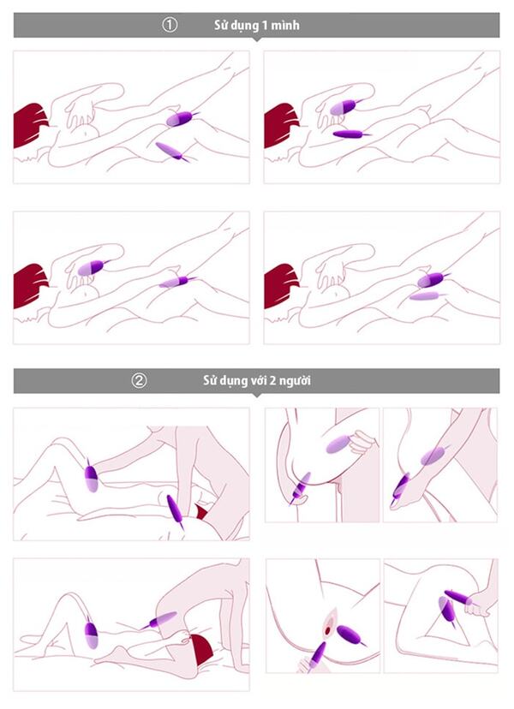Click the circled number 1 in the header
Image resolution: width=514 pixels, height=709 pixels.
(x=170, y=25)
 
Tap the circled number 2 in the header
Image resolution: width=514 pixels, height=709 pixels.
(x=139, y=381)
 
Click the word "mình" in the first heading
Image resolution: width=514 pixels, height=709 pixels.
(x=285, y=25)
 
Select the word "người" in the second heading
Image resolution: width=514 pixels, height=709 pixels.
(x=295, y=381)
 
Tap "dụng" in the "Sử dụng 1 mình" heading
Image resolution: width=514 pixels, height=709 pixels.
(x=243, y=26)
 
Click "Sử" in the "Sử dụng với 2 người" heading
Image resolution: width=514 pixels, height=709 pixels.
(x=209, y=380)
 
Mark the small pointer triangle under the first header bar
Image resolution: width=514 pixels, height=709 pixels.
(x=256, y=39)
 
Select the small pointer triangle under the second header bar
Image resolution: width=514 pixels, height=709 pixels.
(x=256, y=396)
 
